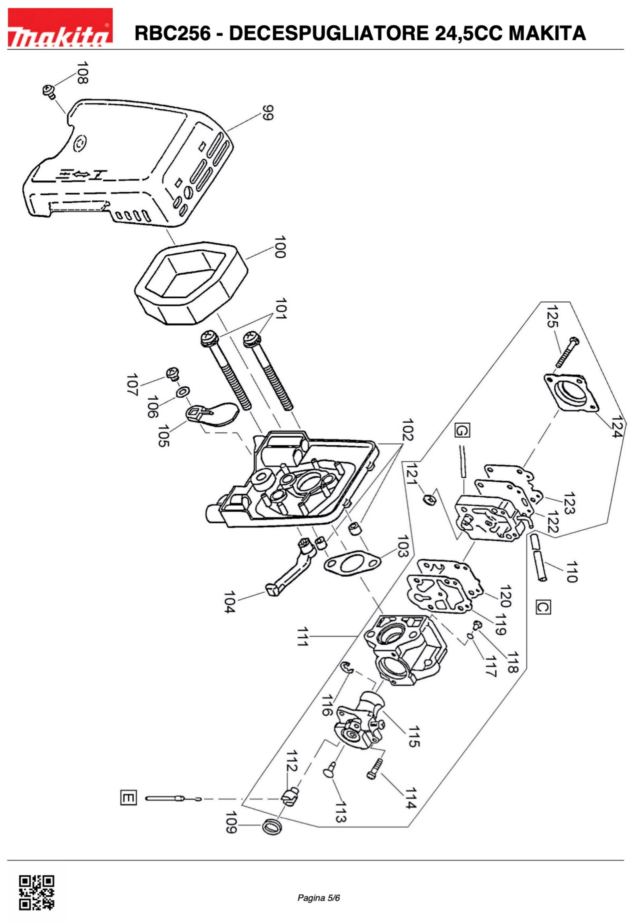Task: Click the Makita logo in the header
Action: click(x=60, y=27)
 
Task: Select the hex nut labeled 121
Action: click(x=428, y=498)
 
